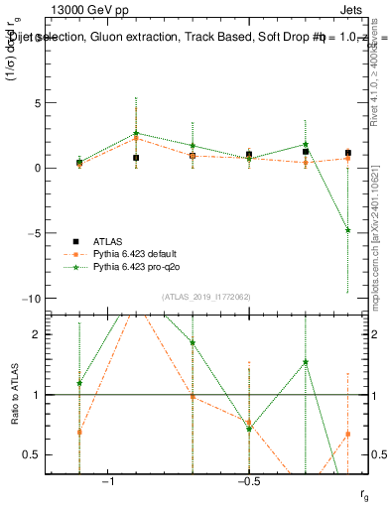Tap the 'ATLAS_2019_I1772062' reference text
click(205, 297)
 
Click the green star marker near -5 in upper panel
click(348, 230)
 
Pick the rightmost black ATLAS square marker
click(348, 153)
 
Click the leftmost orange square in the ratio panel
click(79, 432)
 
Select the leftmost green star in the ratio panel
click(79, 383)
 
